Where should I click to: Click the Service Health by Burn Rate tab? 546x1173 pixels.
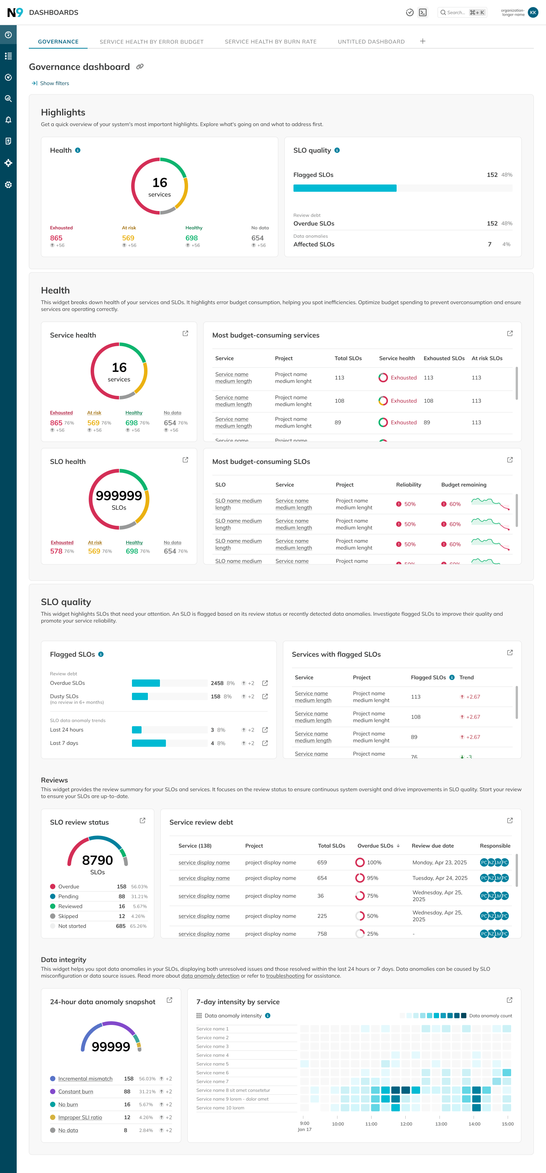(x=270, y=42)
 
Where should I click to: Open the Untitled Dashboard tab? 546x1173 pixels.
(x=371, y=42)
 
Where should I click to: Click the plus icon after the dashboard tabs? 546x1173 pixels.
(x=422, y=41)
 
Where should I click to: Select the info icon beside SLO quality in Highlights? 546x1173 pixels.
(x=337, y=150)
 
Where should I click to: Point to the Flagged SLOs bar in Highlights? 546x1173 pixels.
(x=345, y=188)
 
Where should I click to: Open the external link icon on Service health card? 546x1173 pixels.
(x=185, y=334)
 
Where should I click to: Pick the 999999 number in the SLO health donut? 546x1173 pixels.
(x=119, y=496)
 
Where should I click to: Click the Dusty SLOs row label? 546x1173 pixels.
(x=64, y=696)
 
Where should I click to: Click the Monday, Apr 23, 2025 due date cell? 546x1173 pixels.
(x=439, y=862)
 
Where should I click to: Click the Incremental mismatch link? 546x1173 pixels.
(x=85, y=1079)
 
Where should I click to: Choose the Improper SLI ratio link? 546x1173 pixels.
(x=80, y=1118)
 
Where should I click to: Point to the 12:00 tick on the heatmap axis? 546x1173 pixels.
(x=406, y=1124)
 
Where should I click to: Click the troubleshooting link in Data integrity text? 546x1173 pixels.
(x=285, y=976)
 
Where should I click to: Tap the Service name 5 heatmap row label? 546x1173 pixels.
(x=212, y=1064)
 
